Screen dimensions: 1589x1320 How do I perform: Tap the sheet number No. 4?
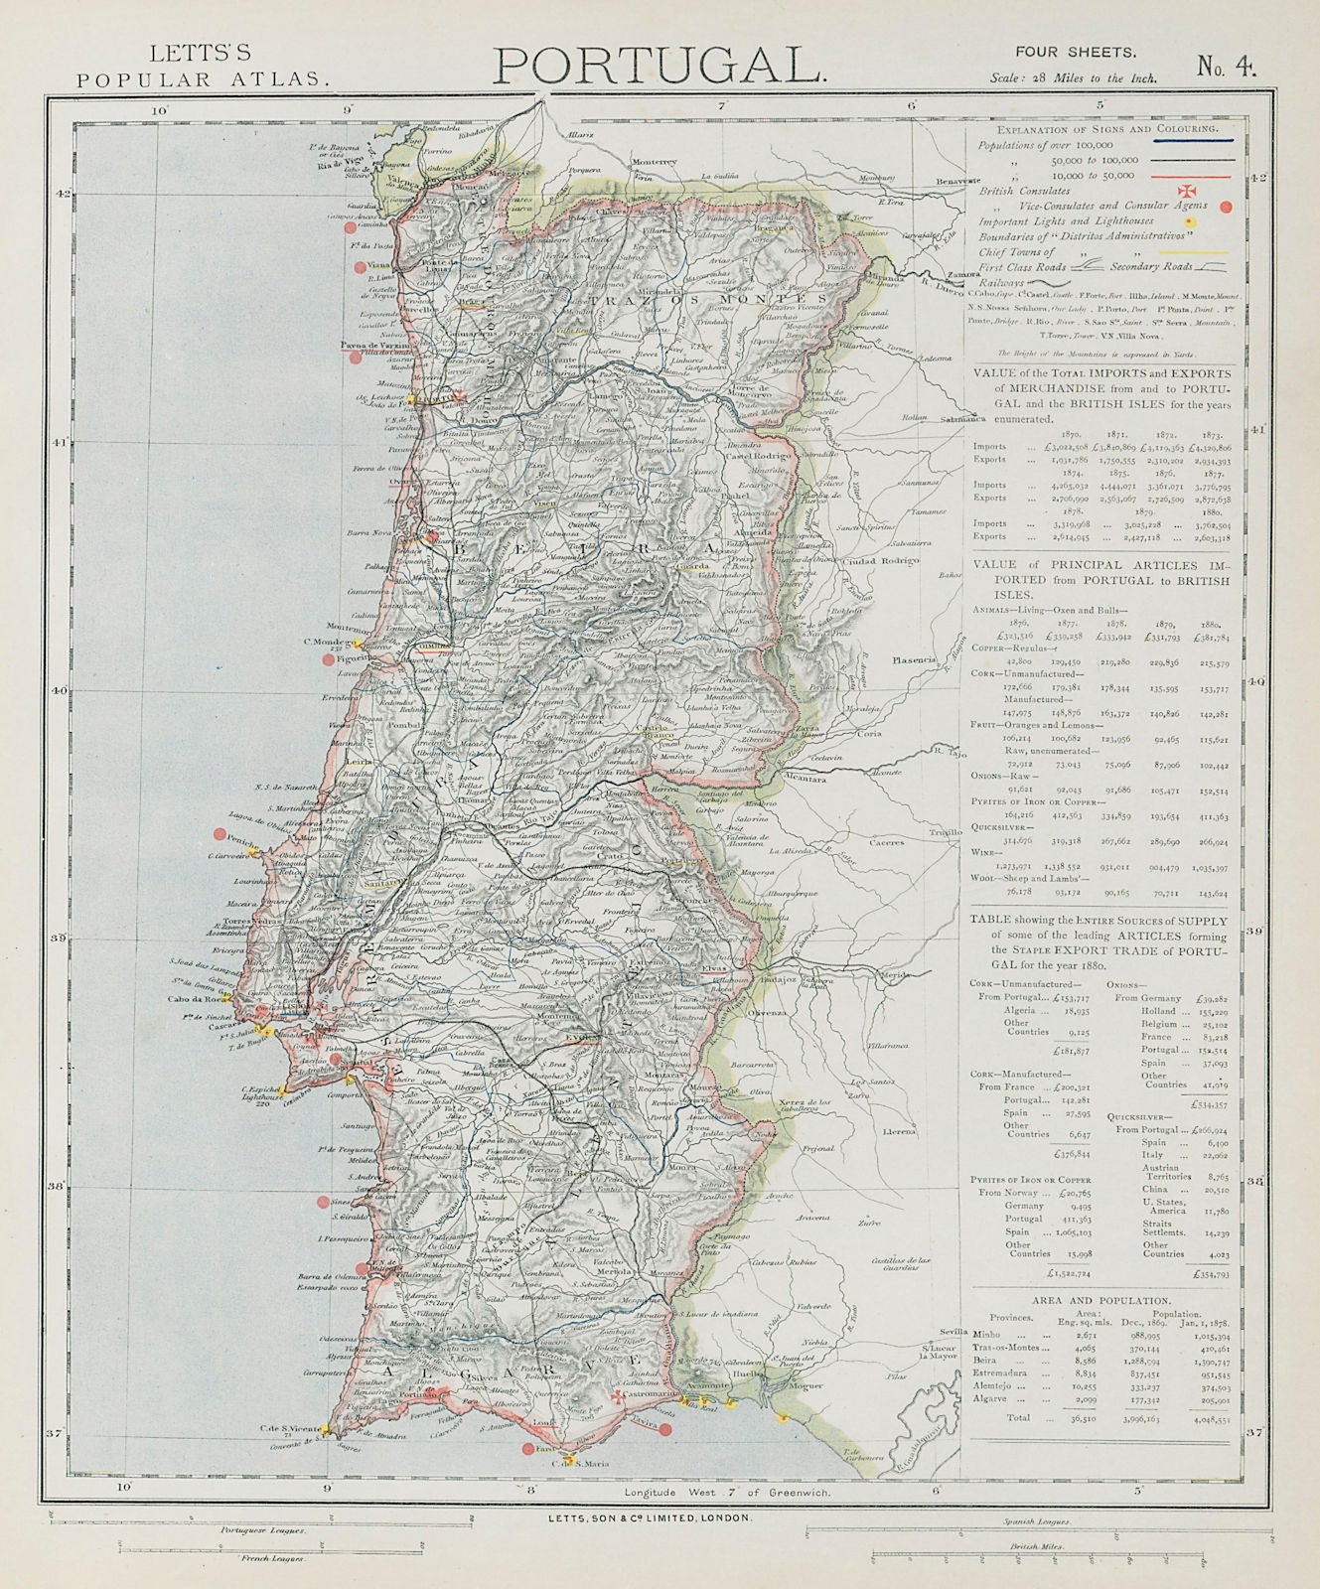pos(1227,67)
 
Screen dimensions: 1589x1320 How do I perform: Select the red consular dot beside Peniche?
pos(220,834)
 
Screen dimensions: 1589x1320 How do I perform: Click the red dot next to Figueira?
pos(328,658)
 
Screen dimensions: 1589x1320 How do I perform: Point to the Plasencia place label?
pos(915,659)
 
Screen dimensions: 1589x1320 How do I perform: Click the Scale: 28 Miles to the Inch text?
pos(1073,77)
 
